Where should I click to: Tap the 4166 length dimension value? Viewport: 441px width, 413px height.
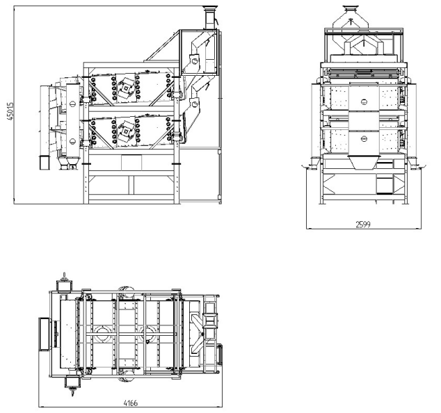pyautogui.click(x=130, y=403)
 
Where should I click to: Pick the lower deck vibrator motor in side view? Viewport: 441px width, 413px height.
pyautogui.click(x=126, y=128)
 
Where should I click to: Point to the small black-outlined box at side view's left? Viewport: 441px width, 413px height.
pyautogui.click(x=44, y=163)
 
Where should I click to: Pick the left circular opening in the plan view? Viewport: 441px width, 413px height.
pyautogui.click(x=104, y=332)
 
